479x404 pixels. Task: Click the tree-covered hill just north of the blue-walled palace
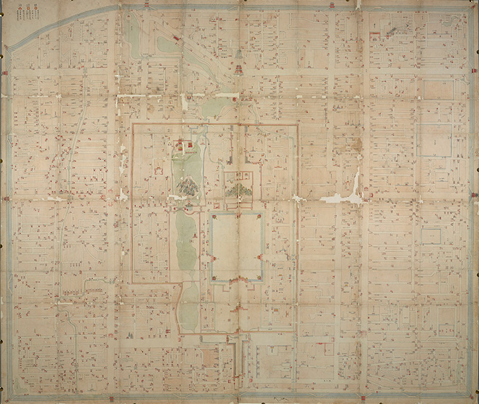click(240, 191)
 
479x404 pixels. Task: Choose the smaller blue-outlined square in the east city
click(431, 235)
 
